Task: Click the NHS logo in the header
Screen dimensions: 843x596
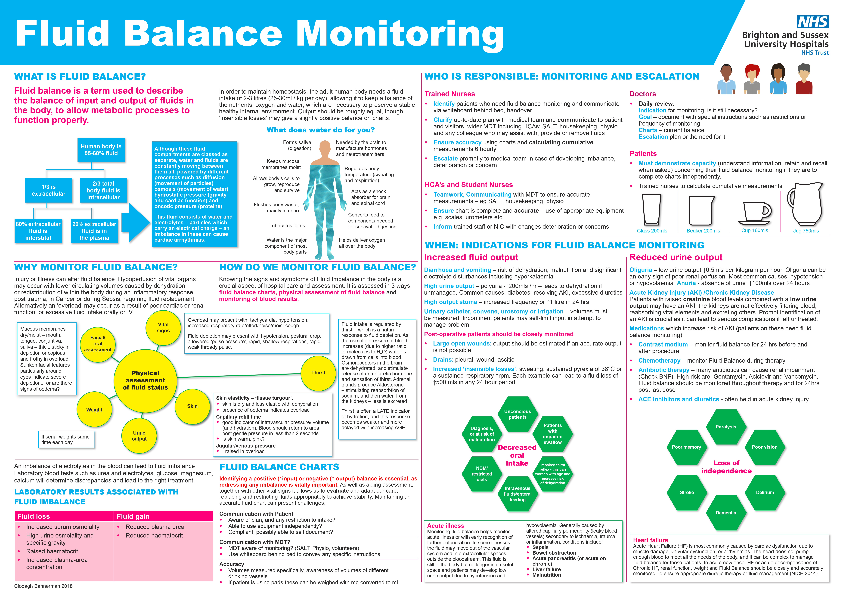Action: click(x=812, y=22)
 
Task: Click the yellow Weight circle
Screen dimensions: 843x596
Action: click(x=94, y=409)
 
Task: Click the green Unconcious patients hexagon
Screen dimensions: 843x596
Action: click(x=517, y=414)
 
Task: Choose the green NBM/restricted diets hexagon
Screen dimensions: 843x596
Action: click(x=482, y=474)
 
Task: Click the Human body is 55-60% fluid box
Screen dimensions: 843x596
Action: click(x=101, y=150)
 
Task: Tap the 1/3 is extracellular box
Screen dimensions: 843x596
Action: click(x=48, y=190)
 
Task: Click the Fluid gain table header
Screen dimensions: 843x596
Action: click(x=163, y=516)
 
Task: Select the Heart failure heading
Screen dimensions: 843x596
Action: click(x=650, y=540)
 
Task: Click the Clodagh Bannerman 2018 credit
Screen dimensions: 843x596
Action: click(x=43, y=586)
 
